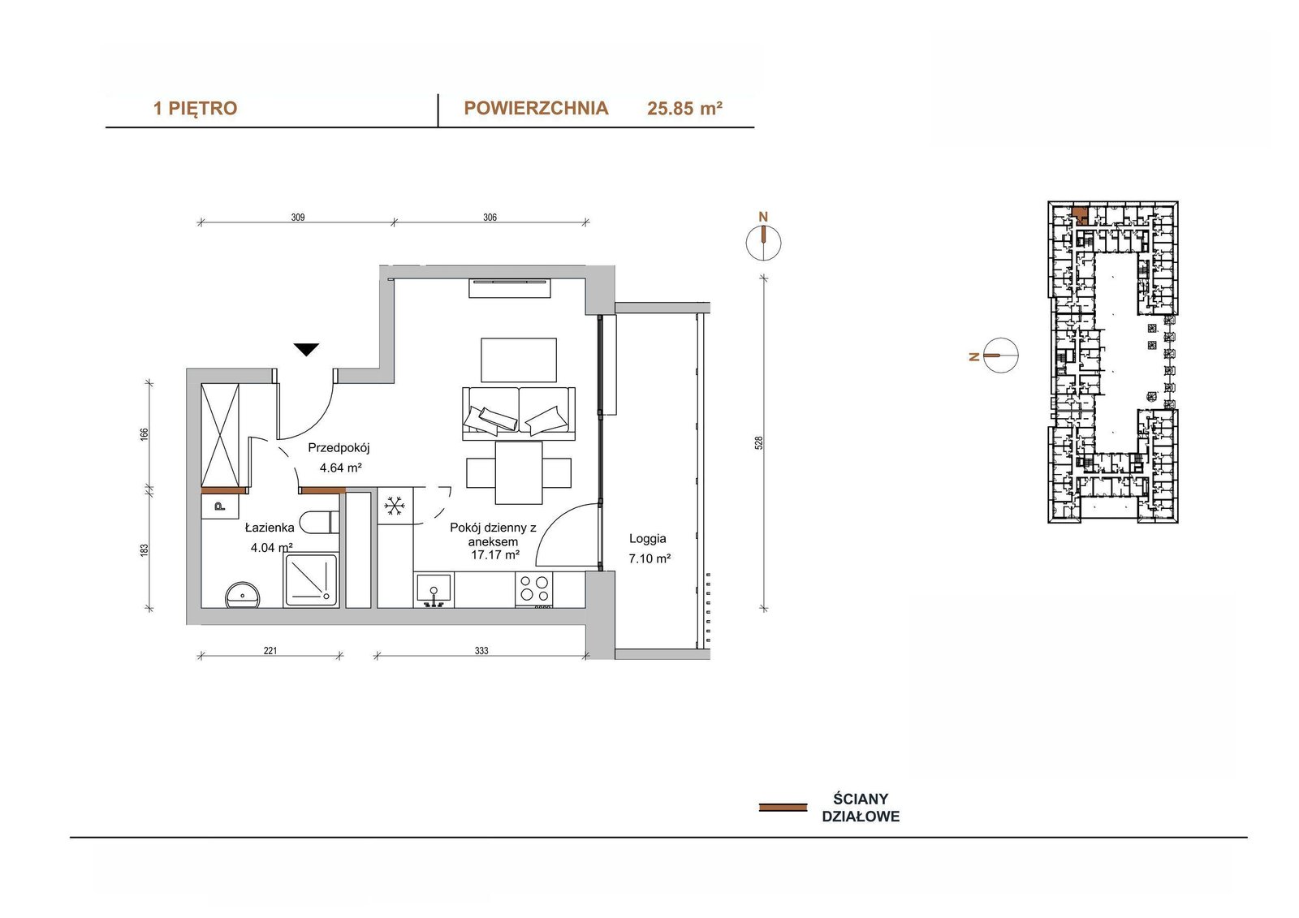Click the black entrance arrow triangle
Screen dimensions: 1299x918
[305, 349]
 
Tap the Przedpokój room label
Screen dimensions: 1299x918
[339, 448]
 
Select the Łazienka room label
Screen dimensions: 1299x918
[269, 528]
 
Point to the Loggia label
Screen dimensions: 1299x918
[648, 539]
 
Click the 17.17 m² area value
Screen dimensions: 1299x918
[494, 554]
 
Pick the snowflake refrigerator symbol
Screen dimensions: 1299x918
[395, 506]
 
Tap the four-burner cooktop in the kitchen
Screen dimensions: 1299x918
[534, 588]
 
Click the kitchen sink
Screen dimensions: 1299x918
[434, 590]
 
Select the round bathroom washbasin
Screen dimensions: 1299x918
[243, 596]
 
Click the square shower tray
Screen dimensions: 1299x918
[310, 580]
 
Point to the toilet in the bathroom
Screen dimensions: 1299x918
[320, 522]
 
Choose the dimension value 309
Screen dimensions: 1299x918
[297, 218]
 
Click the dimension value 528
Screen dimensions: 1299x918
[759, 443]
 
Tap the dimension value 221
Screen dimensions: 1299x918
[270, 651]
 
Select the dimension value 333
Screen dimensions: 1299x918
[481, 651]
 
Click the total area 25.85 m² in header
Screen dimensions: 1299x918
[684, 109]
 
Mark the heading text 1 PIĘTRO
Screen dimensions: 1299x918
[196, 109]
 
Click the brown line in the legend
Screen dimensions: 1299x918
[783, 808]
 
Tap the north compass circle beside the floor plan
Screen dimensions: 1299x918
[763, 243]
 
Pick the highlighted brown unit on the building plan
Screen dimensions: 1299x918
[1080, 214]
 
